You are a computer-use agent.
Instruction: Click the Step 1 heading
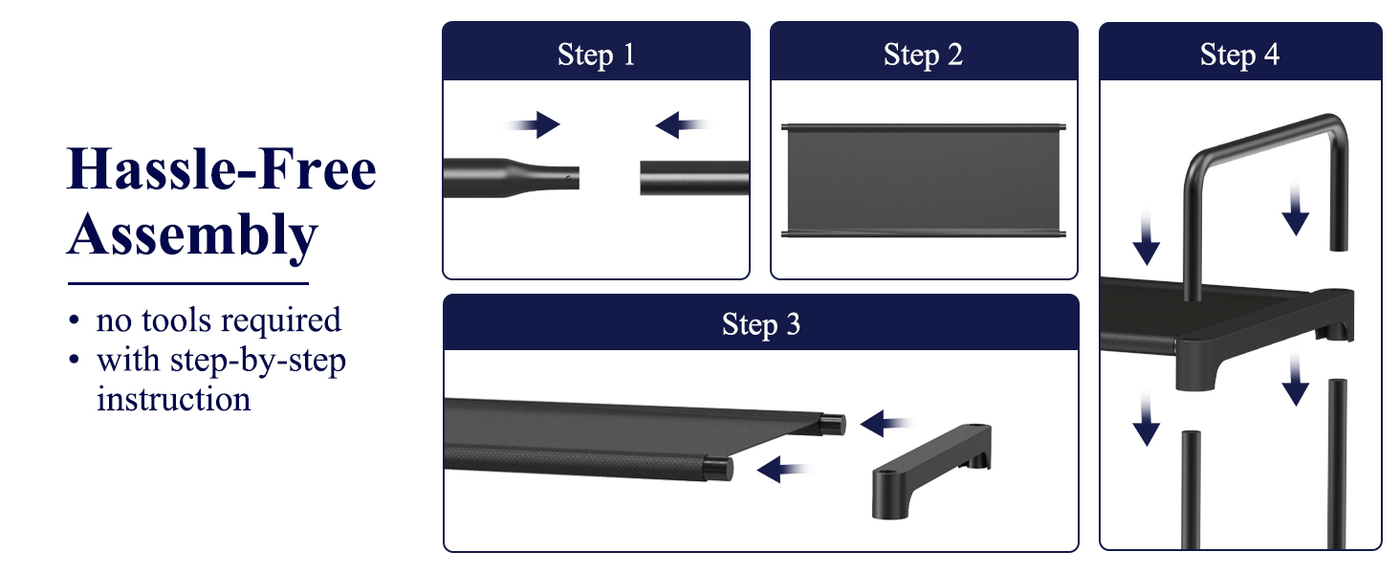pos(597,55)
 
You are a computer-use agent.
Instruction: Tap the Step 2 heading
pos(923,55)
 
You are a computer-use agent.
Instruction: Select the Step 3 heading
pos(761,324)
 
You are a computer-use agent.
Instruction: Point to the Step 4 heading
pos(1239,55)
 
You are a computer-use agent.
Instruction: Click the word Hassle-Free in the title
pos(222,168)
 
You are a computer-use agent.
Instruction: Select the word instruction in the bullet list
pos(174,399)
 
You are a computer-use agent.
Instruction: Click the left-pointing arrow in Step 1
pos(682,125)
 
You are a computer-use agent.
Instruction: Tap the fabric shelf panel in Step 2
pos(924,181)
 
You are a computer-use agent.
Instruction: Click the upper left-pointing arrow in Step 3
pos(886,423)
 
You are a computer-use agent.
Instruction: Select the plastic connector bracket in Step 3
pos(931,471)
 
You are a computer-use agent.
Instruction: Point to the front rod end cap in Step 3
pos(719,469)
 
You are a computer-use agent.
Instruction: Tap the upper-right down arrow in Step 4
pos(1295,210)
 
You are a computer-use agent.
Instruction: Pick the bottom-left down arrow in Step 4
pos(1147,419)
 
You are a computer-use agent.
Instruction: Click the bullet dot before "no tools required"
pos(75,320)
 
